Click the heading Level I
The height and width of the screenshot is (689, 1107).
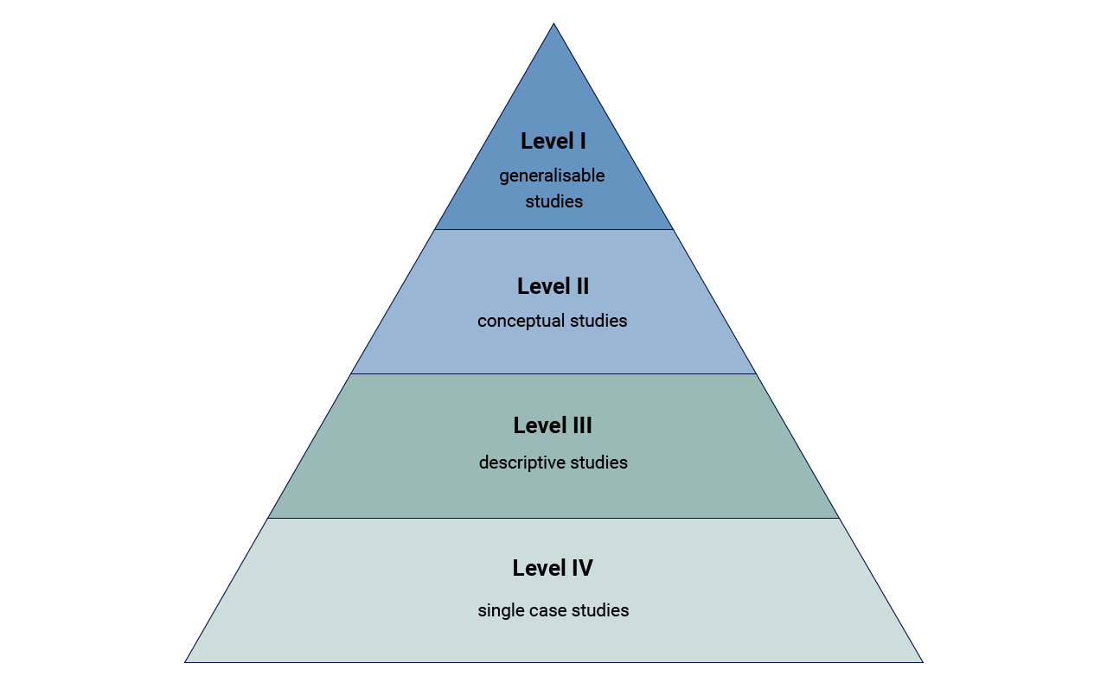point(553,141)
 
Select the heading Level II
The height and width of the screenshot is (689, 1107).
point(553,286)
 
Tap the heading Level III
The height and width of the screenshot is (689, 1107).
point(553,425)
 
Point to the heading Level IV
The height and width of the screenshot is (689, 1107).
point(553,568)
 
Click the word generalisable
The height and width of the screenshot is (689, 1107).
point(552,176)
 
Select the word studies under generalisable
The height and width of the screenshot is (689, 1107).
point(554,202)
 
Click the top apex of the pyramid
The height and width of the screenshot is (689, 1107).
point(553,24)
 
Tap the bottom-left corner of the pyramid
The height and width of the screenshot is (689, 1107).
point(186,661)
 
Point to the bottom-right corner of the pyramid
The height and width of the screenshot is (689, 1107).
point(922,661)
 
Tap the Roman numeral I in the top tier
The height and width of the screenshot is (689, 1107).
point(582,141)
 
